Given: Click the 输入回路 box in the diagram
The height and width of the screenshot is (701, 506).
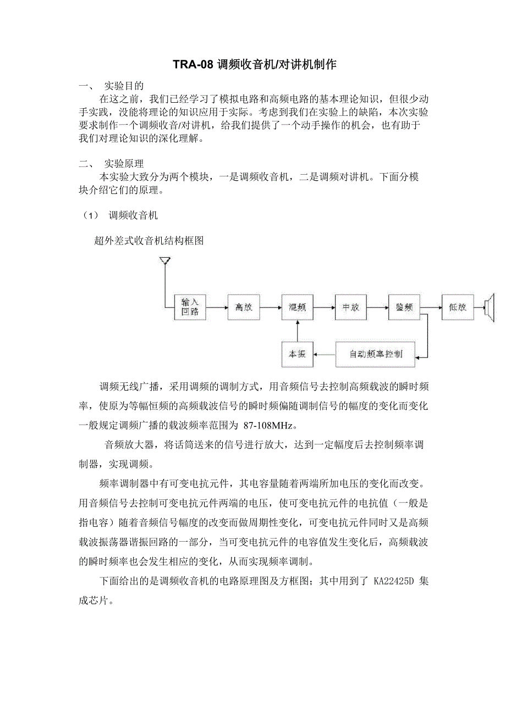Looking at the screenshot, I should [x=190, y=308].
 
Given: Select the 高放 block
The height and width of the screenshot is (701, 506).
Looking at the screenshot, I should [x=243, y=308].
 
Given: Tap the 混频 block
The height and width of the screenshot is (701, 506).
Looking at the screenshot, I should [x=297, y=308].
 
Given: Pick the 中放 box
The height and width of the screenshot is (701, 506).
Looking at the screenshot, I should [x=350, y=308].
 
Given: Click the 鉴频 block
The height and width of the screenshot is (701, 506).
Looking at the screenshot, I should [x=404, y=308].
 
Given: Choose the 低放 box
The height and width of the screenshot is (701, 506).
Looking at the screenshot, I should [x=458, y=308].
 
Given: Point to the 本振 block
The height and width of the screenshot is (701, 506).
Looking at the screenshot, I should [x=297, y=354].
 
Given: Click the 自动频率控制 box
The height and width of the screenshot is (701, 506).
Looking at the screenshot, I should [x=376, y=354].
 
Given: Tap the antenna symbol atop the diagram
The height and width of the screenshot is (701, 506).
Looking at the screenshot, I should [x=164, y=260].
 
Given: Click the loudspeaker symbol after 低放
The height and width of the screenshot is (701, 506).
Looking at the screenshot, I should [x=490, y=308].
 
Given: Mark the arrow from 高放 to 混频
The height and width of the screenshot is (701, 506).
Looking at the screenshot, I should [x=270, y=308].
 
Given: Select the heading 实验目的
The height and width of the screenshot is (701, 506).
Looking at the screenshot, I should [x=124, y=86].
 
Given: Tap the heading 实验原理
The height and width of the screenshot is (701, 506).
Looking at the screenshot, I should [x=124, y=164].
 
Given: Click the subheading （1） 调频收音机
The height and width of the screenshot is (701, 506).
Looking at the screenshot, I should [x=118, y=215].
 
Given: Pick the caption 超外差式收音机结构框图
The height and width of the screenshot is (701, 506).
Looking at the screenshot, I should [x=149, y=241].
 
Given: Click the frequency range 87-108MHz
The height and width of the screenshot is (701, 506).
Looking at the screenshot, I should [x=269, y=425].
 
